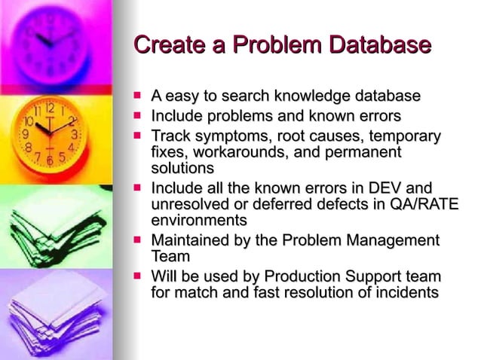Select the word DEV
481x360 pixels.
coord(386,188)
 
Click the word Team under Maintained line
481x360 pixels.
coord(170,257)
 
